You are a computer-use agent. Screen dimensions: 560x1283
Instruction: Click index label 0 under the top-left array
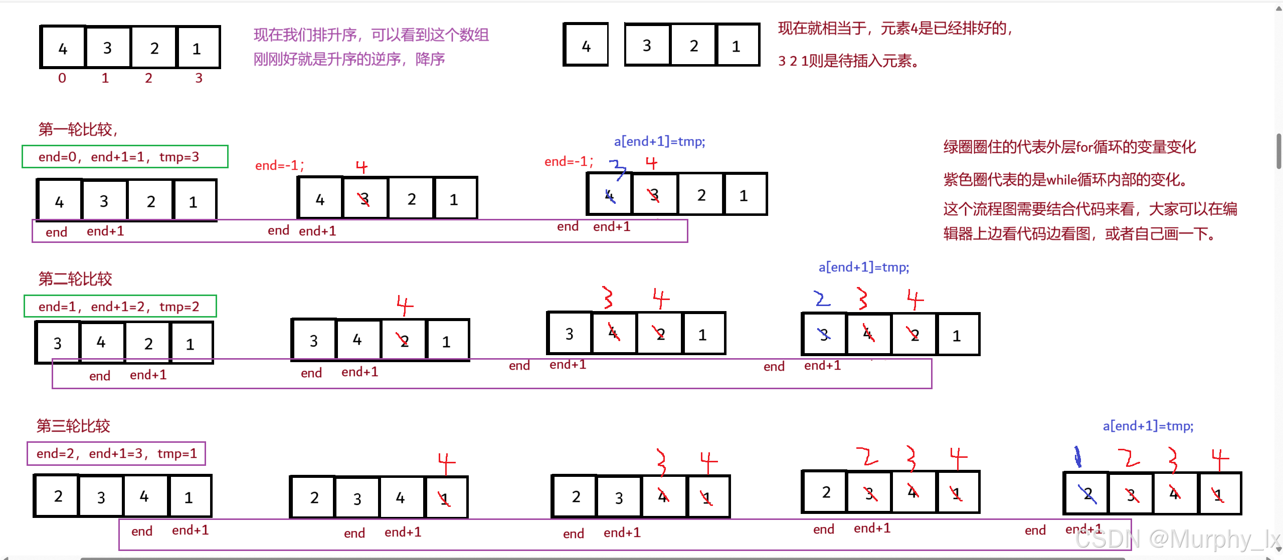click(62, 78)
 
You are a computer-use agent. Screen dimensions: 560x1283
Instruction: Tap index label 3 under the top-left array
click(199, 78)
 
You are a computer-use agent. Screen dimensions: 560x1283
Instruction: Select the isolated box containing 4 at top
click(586, 45)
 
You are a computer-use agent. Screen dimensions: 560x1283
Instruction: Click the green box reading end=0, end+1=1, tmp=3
click(125, 157)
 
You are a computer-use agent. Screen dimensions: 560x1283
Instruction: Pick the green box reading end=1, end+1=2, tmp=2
click(120, 306)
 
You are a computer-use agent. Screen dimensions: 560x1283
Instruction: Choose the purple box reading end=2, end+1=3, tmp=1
click(116, 453)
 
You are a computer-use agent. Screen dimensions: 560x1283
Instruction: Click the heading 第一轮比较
click(78, 129)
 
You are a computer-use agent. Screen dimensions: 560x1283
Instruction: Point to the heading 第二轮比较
click(75, 278)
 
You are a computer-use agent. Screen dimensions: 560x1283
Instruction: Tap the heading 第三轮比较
click(73, 426)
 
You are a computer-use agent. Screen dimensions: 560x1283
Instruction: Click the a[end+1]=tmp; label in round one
click(659, 142)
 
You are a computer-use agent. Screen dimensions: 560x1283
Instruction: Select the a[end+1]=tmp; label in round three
click(1148, 426)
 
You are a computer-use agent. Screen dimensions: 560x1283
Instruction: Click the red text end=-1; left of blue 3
click(569, 161)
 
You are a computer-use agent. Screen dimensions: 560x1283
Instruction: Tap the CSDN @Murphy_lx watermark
click(1178, 539)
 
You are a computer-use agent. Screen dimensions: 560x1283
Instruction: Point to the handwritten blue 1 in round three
click(1077, 457)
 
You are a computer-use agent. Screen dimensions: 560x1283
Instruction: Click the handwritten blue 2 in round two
click(821, 299)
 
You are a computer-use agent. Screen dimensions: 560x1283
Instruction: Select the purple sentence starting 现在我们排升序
click(371, 35)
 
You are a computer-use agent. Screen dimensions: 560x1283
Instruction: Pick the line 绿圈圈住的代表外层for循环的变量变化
click(1069, 147)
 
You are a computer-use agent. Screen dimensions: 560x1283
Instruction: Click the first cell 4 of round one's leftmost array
click(59, 201)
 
